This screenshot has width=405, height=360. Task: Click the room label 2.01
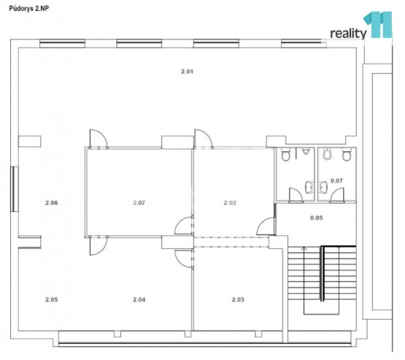(187, 72)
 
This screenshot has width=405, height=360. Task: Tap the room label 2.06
(52, 203)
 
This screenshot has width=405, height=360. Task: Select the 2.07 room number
(139, 203)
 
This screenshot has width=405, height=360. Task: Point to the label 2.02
(230, 203)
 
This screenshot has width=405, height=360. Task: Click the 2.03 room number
(238, 299)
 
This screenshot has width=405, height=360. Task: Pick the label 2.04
(139, 299)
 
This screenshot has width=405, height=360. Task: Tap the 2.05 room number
(52, 299)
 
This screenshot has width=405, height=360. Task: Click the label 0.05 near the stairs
(317, 218)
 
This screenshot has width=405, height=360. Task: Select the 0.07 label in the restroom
(337, 181)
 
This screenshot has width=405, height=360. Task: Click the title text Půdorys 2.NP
(29, 9)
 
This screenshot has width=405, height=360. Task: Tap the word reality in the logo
(348, 34)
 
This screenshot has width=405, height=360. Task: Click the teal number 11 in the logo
(378, 25)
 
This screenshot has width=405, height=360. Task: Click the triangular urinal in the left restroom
(306, 151)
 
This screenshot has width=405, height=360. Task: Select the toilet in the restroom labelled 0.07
(347, 155)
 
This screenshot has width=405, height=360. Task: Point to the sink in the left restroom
(309, 187)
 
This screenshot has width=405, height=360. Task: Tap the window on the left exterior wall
(15, 189)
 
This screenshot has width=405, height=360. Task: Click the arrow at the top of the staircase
(304, 249)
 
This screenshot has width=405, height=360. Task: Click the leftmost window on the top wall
(62, 43)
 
